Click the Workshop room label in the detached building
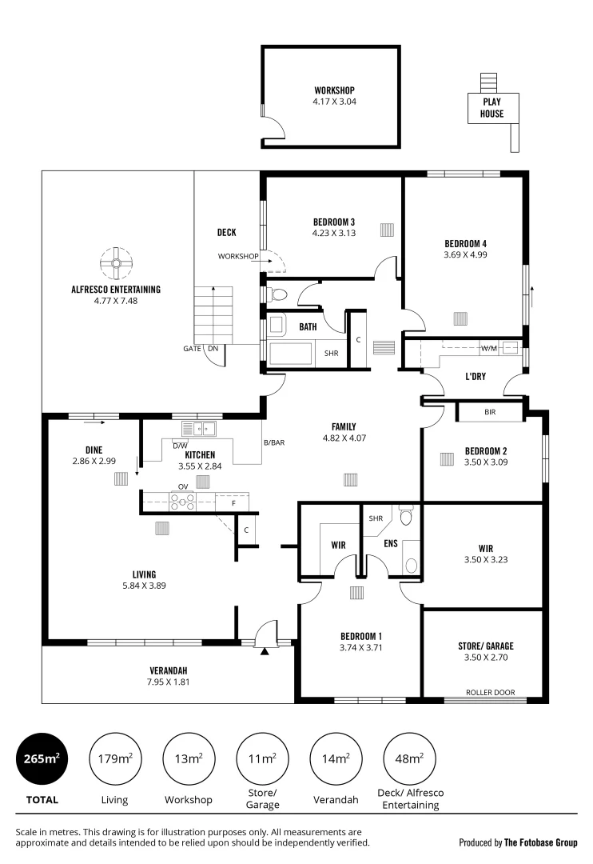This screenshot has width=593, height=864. coord(334,90)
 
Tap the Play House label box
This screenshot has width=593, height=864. coord(492,108)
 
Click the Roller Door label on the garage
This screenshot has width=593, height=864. coord(490,693)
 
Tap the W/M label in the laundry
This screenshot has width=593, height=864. coord(488,348)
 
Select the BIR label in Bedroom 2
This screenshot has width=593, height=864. coord(490,413)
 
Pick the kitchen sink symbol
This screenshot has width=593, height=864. coord(198,429)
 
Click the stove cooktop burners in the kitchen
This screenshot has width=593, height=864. coord(183,502)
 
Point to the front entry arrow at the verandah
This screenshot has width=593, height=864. coord(265,651)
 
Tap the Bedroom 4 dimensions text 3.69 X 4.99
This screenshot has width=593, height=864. coord(465,255)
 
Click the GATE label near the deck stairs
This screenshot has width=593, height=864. coord(192,349)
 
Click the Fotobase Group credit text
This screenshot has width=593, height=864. coord(518,842)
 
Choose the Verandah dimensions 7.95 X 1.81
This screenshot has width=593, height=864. coord(169,682)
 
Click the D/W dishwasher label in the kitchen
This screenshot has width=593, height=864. coord(180,446)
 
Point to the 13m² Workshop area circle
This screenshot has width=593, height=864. coord(188,758)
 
